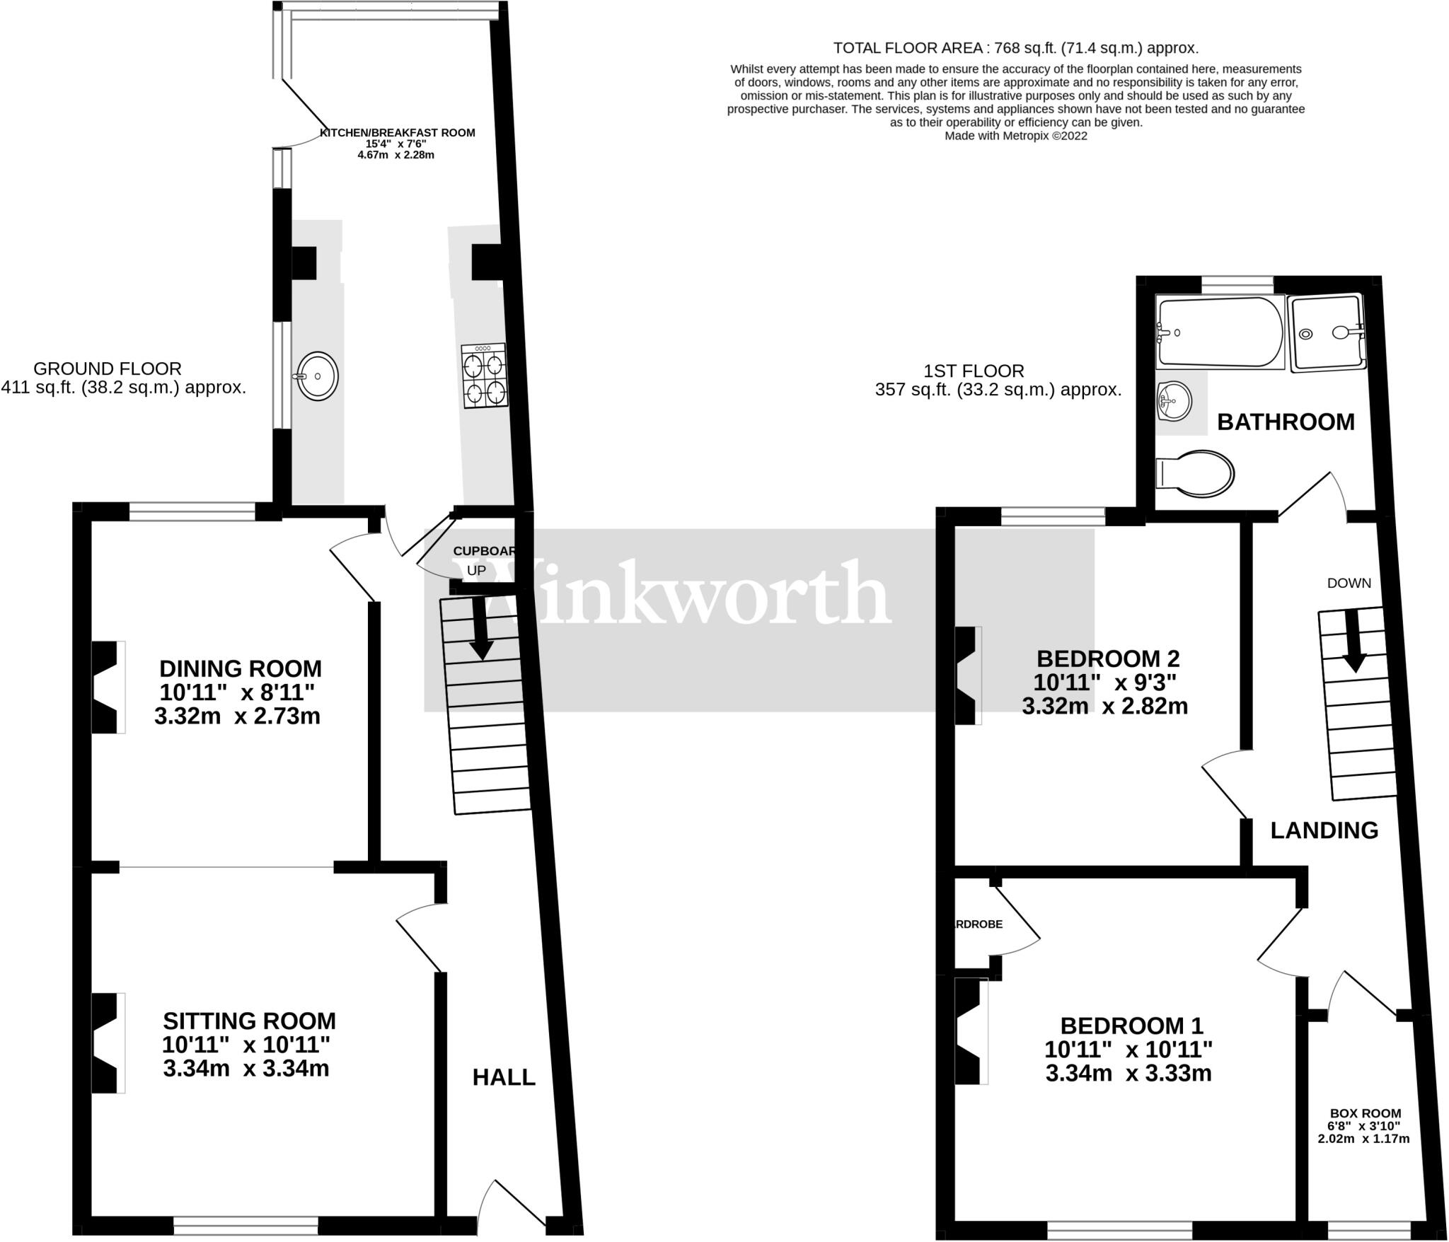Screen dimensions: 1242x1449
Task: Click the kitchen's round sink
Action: coord(318,376)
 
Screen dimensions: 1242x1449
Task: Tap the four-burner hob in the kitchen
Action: coord(485,376)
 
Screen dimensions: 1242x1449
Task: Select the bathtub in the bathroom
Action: coord(1219,332)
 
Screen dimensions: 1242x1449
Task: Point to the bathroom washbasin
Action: coord(1174,401)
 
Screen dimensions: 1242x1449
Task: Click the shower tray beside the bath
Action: coord(1327,332)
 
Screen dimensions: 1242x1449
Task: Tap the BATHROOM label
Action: coord(1286,422)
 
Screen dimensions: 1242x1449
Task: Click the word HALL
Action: coord(504,1077)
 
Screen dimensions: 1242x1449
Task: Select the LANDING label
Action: coord(1324,830)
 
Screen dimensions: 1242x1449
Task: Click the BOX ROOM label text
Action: coord(1365,1113)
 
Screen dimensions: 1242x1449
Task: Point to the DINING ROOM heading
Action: coord(241,668)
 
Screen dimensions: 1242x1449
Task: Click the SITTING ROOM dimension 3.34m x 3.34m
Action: coord(246,1068)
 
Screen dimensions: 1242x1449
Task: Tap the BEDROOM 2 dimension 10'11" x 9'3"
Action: coord(1104,683)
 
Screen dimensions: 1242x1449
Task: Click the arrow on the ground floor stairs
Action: coord(481,629)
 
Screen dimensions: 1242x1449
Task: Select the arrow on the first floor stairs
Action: coord(1353,642)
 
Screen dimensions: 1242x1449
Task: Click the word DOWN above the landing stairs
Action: coord(1349,584)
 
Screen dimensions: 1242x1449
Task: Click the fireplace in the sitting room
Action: coord(108,1043)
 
